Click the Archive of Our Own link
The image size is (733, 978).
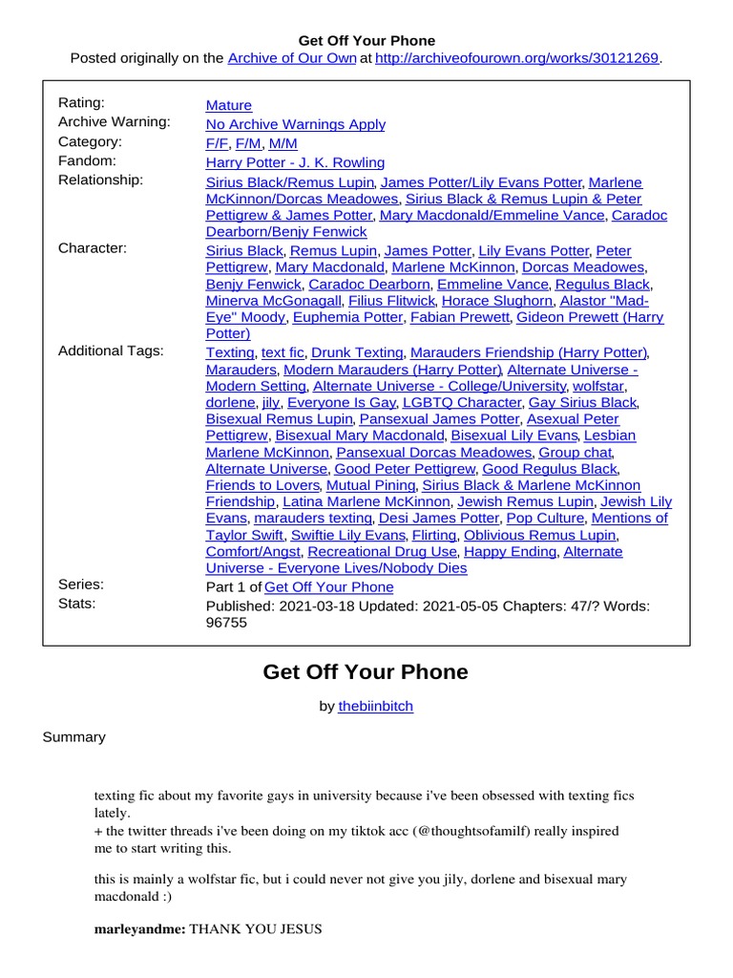(291, 58)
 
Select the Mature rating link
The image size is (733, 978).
(229, 105)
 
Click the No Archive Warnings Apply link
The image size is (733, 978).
(296, 124)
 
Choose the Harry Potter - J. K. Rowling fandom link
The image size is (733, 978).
(295, 162)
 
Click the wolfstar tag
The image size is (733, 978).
(597, 386)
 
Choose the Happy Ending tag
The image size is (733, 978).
(510, 551)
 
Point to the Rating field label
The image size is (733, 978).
(81, 102)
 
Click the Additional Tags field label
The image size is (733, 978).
(111, 351)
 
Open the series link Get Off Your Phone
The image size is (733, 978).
(328, 586)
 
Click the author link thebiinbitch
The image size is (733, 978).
(376, 707)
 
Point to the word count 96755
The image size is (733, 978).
(226, 622)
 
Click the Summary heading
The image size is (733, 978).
(74, 737)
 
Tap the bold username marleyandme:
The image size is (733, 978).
(140, 928)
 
